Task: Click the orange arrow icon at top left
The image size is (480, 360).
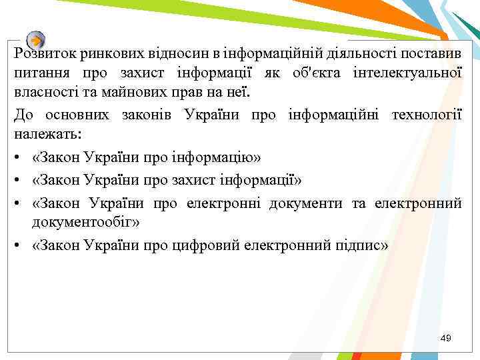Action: (x=37, y=39)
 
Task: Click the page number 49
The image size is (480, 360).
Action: (x=445, y=339)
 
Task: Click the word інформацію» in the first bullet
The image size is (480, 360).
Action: (x=225, y=157)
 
